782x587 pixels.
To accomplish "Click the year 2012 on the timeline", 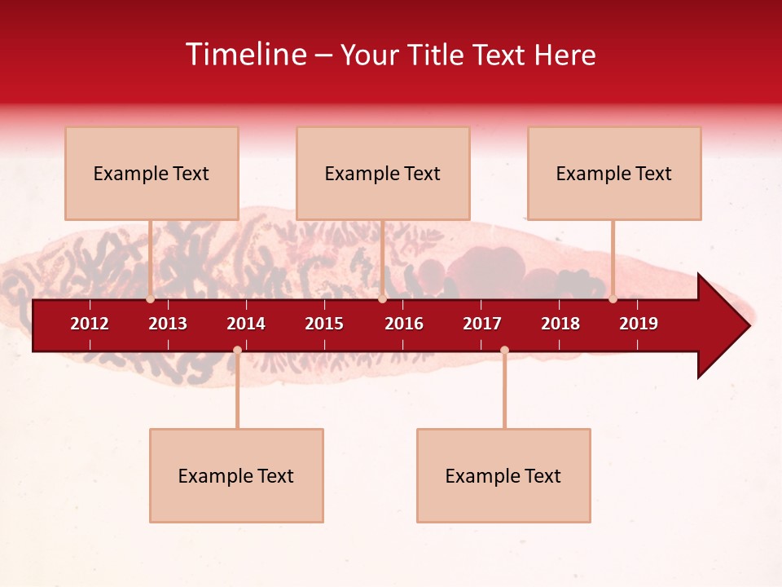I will (x=90, y=324).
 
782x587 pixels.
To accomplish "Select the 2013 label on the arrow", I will (x=168, y=324).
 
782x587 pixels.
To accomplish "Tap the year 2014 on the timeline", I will (x=246, y=324).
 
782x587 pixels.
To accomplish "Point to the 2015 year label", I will (x=324, y=324).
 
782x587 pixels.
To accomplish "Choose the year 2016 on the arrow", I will (x=404, y=324).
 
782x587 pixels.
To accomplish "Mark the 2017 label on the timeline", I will (x=482, y=324).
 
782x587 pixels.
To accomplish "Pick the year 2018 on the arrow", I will (x=560, y=324).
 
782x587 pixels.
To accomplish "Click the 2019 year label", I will (x=639, y=324).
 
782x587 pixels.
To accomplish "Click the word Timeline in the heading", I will (x=245, y=55).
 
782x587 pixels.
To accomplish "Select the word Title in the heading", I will (x=439, y=55).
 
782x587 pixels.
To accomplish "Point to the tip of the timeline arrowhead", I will (x=749, y=326).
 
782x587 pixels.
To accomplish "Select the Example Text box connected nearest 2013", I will (x=152, y=173).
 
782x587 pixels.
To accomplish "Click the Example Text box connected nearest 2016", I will (x=383, y=173).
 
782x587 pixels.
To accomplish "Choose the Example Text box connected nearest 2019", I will (x=614, y=173).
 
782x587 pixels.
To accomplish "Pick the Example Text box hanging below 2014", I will (x=236, y=475).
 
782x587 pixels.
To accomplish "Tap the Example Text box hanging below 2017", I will (x=503, y=475).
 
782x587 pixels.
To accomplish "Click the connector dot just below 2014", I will (x=237, y=350).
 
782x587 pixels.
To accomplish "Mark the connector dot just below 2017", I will (x=504, y=350).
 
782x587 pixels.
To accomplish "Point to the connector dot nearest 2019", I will (x=613, y=299).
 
